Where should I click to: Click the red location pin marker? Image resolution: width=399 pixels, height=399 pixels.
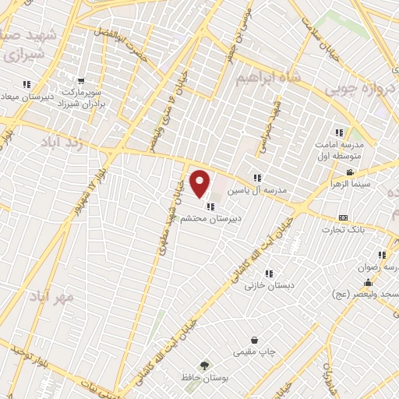201,183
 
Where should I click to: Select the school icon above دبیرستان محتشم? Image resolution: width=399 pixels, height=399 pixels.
210,207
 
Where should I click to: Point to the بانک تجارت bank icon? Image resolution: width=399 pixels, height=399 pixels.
343,217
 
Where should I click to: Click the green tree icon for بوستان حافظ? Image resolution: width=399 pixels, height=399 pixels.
204,365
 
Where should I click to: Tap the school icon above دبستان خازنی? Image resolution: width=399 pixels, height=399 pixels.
269,274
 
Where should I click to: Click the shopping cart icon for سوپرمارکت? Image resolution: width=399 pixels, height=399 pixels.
80,80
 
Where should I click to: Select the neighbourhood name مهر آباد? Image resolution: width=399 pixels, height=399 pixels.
52,298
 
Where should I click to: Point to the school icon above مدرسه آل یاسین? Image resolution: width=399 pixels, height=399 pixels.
257,178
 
